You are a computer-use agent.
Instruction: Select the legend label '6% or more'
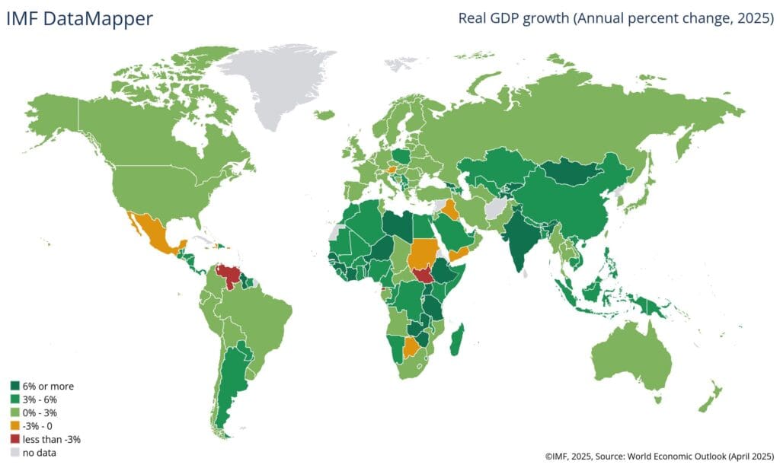tap(50, 386)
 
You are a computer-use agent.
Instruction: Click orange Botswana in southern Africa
tap(411, 348)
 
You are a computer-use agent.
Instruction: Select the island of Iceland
tap(324, 115)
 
